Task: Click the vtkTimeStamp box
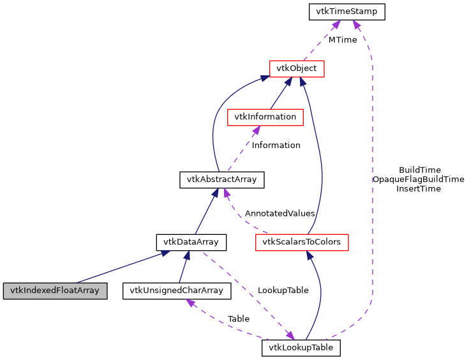point(346,11)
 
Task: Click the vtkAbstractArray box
point(221,179)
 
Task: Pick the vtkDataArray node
point(191,242)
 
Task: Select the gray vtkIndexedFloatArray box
point(54,290)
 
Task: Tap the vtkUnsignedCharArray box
point(176,290)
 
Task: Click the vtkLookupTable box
point(301,348)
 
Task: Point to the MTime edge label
point(343,40)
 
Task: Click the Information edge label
point(276,146)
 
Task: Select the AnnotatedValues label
point(279,213)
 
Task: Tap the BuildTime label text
point(419,170)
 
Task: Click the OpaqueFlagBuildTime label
point(419,179)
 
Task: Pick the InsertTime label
point(419,189)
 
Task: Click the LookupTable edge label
point(283,290)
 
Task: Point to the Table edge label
point(238,319)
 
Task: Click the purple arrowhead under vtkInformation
point(255,130)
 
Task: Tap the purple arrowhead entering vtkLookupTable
point(290,336)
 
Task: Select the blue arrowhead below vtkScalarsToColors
point(309,255)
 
